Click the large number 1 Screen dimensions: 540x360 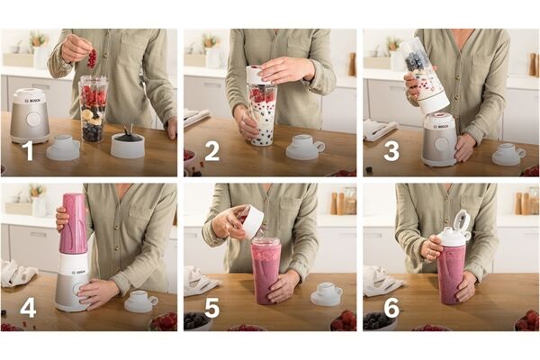coord(28,151)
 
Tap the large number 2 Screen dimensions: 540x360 coord(211,151)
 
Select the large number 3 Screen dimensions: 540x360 coord(391,151)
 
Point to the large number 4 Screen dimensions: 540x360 coord(28,307)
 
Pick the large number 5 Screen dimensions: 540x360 coord(211,307)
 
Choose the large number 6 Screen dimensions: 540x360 coord(391,307)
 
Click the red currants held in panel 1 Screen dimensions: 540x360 coord(92,58)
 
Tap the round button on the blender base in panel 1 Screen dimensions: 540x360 coord(33,119)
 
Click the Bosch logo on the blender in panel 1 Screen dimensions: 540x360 coord(33,101)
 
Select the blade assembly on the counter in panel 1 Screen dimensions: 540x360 coord(128,144)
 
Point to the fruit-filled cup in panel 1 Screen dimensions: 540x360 coord(93,110)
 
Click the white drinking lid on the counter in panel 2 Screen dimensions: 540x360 coord(305,148)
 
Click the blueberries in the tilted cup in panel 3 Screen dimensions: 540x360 coord(412,62)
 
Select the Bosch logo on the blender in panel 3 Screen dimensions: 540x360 coord(442,127)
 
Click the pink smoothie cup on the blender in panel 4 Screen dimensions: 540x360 coord(74,223)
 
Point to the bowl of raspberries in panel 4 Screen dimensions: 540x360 coord(164,322)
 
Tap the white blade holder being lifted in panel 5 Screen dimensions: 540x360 coord(252,220)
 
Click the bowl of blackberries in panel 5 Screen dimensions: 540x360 coord(197,321)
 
